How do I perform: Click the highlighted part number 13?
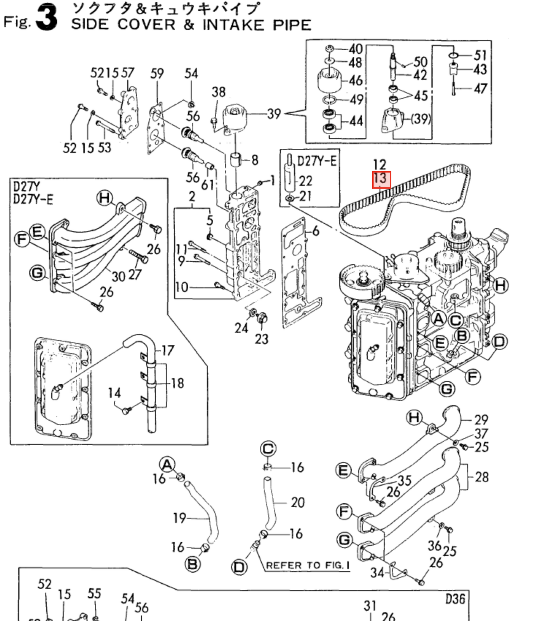[381, 179]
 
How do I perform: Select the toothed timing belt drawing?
[404, 194]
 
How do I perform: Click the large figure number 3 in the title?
[47, 18]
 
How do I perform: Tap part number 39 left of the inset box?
[274, 114]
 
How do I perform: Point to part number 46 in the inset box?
[356, 81]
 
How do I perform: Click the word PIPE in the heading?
[292, 25]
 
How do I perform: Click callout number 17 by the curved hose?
[168, 351]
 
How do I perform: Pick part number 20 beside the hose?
[298, 503]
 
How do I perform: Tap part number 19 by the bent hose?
[179, 518]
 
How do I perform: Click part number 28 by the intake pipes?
[481, 477]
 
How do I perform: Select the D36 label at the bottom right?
[455, 599]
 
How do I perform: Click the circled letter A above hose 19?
[167, 465]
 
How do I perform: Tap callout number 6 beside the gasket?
[316, 231]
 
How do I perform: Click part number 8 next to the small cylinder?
[255, 160]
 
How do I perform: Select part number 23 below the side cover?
[261, 339]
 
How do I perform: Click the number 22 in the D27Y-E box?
[306, 181]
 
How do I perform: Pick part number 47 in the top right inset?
[480, 89]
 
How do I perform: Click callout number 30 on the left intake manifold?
[118, 276]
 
